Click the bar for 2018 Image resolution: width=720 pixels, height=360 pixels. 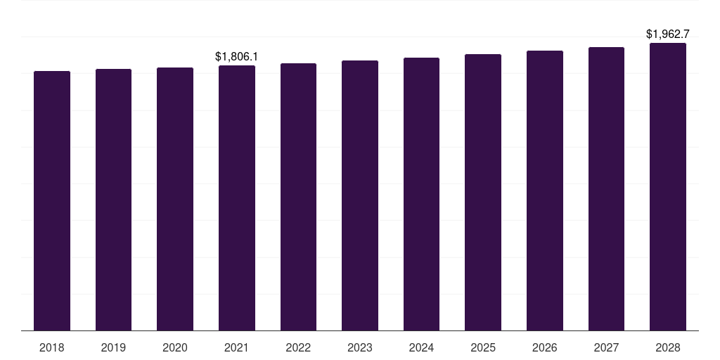pos(52,200)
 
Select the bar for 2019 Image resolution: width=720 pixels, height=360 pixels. pos(114,200)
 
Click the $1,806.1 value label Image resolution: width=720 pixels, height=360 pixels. pos(237,56)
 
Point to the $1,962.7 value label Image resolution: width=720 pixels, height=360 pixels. pos(668,34)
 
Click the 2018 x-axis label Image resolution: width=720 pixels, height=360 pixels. pos(52,347)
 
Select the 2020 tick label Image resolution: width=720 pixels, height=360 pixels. pos(175,347)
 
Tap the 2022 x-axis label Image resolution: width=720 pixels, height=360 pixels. pos(298,347)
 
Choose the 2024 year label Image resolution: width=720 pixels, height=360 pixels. pos(421,347)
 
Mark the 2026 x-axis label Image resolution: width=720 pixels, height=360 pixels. pos(545,347)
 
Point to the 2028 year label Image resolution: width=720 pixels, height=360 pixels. pos(668,347)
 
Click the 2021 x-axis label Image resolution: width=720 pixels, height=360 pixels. pos(237,347)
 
